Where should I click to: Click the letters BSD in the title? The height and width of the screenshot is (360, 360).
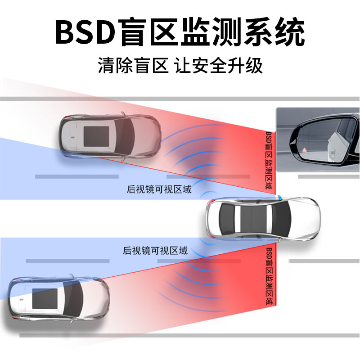[x=85, y=32]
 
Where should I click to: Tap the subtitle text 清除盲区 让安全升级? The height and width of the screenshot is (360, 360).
[x=180, y=66]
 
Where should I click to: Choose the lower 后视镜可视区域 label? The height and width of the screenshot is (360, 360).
[x=155, y=251]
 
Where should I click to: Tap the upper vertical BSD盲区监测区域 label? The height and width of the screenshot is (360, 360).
[x=269, y=162]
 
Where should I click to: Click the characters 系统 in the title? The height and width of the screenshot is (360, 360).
[x=279, y=32]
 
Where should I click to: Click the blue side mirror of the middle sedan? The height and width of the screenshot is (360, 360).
[x=280, y=197]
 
